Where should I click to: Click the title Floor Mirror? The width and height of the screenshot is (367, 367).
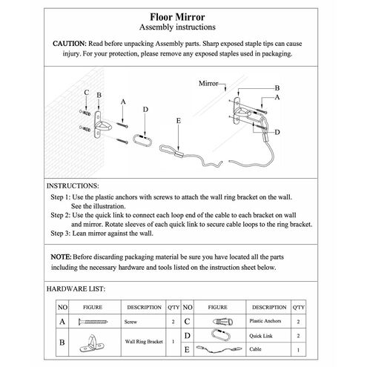click(177, 17)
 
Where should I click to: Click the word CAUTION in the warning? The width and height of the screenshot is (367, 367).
click(70, 44)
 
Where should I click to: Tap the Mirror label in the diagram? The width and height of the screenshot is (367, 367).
click(208, 84)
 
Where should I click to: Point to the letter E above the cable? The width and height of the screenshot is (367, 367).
click(179, 121)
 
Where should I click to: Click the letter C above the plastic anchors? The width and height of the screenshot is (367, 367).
click(86, 93)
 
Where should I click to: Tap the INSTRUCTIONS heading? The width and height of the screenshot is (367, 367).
click(73, 186)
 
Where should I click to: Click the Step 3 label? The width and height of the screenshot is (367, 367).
click(61, 234)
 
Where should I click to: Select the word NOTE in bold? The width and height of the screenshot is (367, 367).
click(61, 257)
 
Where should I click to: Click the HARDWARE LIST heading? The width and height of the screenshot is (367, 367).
click(76, 289)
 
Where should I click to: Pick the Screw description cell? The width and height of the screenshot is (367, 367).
click(143, 322)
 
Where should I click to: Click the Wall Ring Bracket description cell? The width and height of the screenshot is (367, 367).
click(143, 342)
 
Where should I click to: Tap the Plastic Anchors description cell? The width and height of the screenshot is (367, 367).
click(268, 321)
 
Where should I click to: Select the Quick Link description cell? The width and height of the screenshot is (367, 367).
click(268, 336)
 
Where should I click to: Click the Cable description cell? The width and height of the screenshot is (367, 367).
click(268, 349)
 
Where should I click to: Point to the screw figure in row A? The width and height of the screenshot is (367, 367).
click(93, 322)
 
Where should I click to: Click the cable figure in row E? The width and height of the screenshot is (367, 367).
click(219, 349)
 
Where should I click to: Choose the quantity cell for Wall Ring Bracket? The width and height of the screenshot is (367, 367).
click(173, 342)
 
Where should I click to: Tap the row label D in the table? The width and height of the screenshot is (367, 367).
click(187, 336)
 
